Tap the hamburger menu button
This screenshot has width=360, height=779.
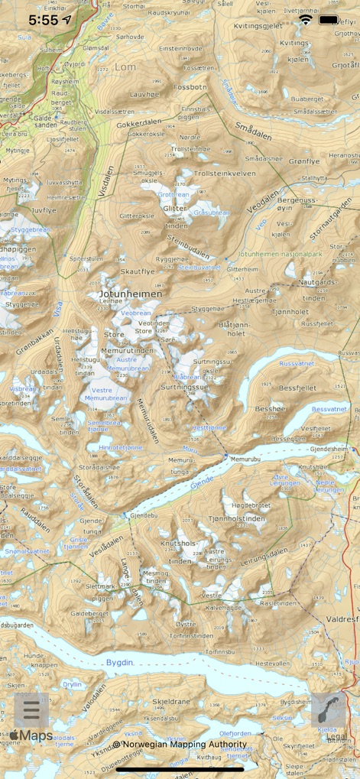click(31, 710)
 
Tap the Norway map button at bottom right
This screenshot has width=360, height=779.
click(329, 710)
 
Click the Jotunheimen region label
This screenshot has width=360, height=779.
click(130, 294)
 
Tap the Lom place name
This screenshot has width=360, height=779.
click(125, 67)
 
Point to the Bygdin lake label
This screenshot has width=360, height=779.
click(120, 662)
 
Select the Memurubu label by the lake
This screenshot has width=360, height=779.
click(245, 459)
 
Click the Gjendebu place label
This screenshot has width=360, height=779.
click(143, 516)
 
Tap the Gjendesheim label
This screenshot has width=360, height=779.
click(329, 449)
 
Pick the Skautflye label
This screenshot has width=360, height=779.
click(138, 271)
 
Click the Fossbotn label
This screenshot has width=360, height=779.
click(190, 88)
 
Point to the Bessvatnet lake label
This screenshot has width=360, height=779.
click(329, 409)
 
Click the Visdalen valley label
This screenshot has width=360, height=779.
click(107, 182)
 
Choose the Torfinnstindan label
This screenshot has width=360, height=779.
click(191, 635)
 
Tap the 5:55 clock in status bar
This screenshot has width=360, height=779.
click(43, 20)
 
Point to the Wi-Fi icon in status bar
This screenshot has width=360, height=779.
click(306, 19)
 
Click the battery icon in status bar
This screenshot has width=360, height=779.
click(329, 19)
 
